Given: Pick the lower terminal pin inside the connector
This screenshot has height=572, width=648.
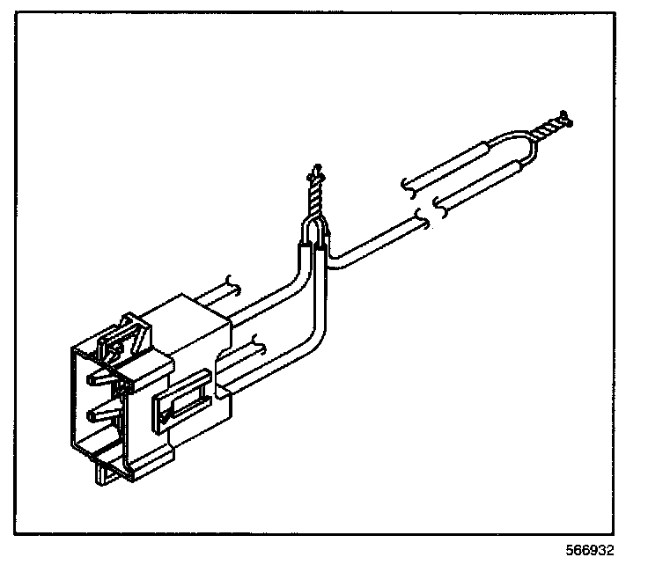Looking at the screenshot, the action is [x=99, y=413].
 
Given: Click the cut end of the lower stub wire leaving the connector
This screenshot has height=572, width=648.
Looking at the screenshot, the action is [x=257, y=342].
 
